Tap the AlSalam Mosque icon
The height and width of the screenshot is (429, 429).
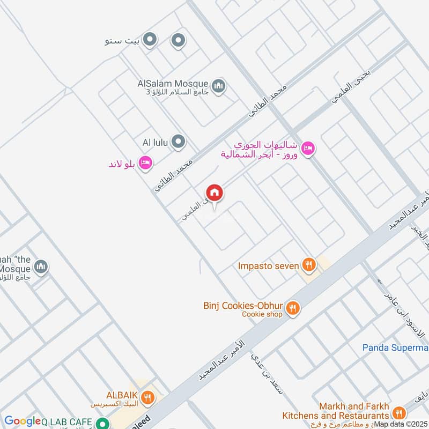pos(218,86)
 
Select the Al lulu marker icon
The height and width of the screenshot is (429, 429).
pos(179,142)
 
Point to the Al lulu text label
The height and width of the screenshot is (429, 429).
pos(156,142)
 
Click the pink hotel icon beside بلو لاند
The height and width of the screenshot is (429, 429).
pos(145,163)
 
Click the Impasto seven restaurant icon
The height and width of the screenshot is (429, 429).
pos(307,264)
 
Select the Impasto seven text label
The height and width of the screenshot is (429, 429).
pos(269,265)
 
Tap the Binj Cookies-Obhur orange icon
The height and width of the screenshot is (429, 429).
pos(292,308)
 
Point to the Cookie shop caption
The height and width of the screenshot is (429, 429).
pos(262,314)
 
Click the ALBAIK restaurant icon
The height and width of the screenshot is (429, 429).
pos(149,398)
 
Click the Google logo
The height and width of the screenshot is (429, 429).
pos(22,421)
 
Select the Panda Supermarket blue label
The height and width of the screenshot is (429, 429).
pos(395,347)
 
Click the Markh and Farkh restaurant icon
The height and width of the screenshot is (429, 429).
pos(398,412)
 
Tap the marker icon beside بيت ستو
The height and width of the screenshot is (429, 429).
pos(151,40)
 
